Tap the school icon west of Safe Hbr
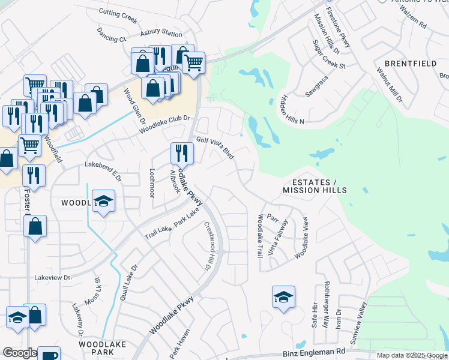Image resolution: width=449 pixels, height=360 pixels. pyautogui.click(x=283, y=298)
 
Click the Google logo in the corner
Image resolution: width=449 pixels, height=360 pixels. pyautogui.click(x=19, y=353)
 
